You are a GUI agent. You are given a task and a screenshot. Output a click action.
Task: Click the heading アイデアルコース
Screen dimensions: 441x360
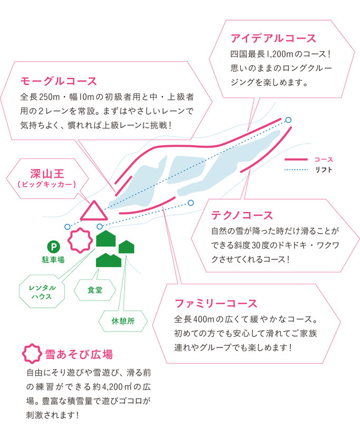[273, 38]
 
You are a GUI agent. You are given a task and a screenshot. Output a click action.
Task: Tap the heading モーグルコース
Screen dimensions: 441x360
[59, 81]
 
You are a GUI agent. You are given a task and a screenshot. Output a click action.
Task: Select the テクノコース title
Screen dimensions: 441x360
[242, 215]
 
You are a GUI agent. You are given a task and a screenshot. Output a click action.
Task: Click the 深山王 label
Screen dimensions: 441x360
[46, 173]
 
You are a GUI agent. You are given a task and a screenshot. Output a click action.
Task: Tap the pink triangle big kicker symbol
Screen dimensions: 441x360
[93, 212]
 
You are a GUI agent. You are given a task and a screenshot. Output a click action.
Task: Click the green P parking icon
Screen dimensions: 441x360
[53, 247]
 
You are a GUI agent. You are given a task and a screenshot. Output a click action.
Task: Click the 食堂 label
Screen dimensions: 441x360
[96, 290]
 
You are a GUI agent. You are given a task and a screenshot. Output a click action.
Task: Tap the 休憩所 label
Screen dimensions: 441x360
[122, 321]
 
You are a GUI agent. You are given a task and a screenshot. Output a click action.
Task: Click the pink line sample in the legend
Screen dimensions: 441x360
[296, 158]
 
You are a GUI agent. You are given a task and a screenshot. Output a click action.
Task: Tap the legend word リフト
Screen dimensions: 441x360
[324, 170]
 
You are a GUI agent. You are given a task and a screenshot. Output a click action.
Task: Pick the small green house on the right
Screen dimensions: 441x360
[127, 247]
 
